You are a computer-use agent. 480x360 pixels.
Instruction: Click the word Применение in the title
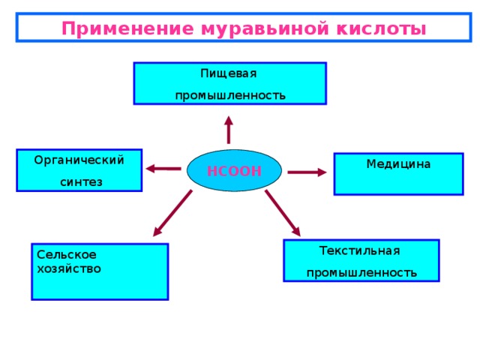click(128, 29)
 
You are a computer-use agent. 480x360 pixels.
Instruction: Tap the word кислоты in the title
click(381, 29)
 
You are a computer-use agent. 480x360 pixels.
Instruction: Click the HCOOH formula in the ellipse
click(234, 171)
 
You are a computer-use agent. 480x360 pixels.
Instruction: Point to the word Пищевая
click(228, 73)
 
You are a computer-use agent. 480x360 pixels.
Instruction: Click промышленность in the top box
click(230, 96)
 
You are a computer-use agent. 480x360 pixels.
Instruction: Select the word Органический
click(79, 160)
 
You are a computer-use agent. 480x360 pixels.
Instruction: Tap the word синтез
click(81, 182)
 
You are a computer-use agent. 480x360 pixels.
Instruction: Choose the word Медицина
click(398, 164)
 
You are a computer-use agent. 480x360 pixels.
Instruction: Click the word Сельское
click(67, 255)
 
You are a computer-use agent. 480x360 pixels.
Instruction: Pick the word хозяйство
click(69, 269)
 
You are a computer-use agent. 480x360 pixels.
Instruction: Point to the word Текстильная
click(360, 251)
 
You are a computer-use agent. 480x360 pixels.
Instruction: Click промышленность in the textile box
click(361, 273)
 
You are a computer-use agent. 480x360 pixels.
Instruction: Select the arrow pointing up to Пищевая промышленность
click(229, 130)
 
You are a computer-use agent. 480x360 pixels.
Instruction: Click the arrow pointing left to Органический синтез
click(163, 169)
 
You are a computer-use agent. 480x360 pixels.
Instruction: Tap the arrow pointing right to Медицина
click(307, 172)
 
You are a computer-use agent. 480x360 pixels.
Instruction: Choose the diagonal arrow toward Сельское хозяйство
click(172, 213)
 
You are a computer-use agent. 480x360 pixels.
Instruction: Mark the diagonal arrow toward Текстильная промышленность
click(283, 213)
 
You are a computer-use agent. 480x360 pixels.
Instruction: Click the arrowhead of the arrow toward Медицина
click(322, 172)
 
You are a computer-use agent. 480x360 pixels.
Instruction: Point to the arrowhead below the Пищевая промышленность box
click(229, 121)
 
